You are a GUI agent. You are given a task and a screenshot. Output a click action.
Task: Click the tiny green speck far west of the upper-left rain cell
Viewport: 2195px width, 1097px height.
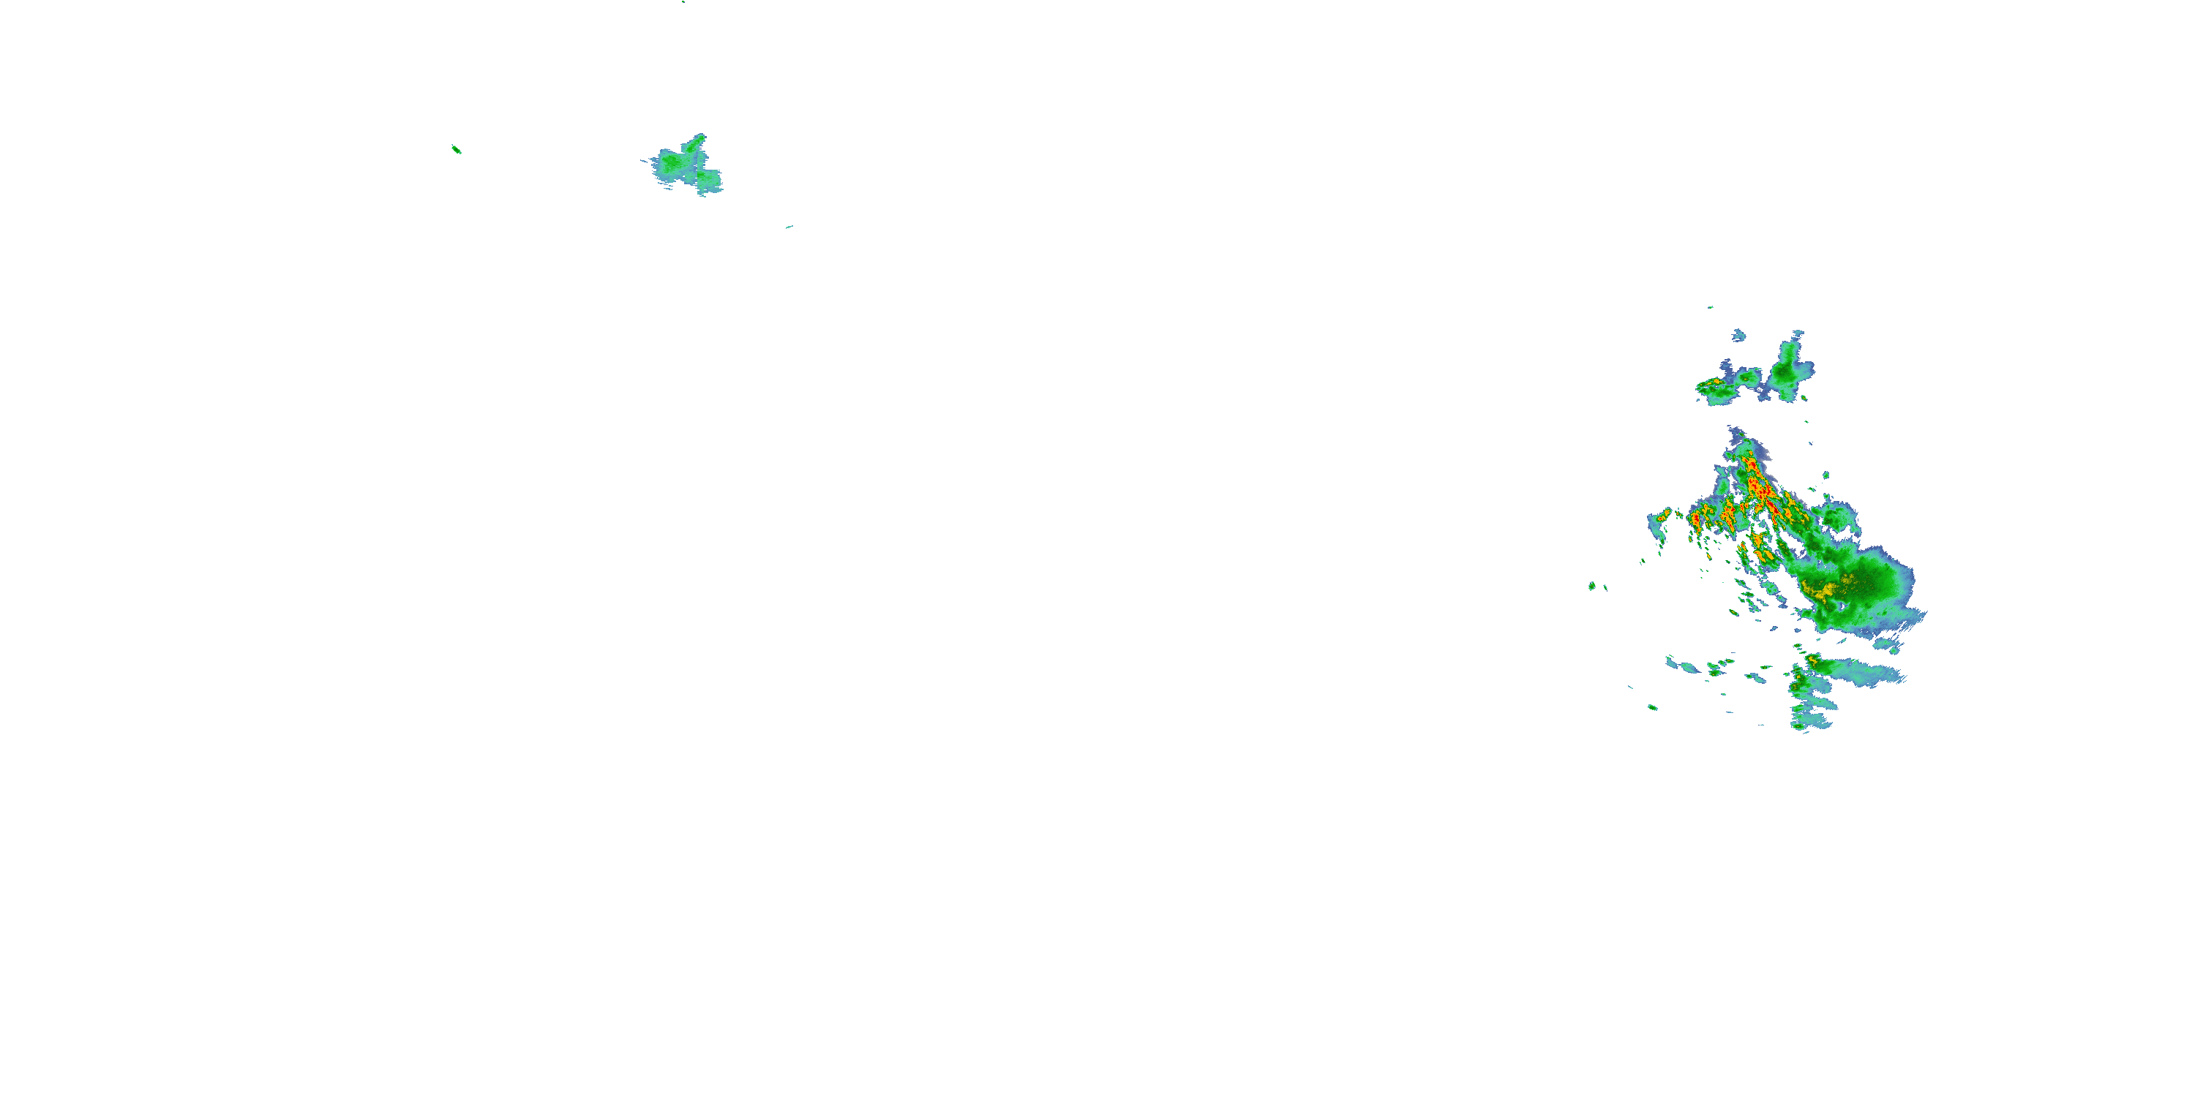[456, 149]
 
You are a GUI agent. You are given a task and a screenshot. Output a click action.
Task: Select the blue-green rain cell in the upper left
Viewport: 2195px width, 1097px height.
[682, 165]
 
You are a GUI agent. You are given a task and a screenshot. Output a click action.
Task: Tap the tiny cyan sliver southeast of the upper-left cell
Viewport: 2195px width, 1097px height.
[789, 227]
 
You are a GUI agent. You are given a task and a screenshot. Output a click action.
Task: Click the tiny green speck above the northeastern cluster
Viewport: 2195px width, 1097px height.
[1710, 307]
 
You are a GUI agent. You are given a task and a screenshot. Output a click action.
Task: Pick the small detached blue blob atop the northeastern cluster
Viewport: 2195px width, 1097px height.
[1738, 335]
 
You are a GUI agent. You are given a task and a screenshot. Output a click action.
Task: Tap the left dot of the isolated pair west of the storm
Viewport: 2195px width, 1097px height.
[1591, 585]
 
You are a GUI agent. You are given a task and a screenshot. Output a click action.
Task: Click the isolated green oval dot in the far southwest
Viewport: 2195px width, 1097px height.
[1652, 707]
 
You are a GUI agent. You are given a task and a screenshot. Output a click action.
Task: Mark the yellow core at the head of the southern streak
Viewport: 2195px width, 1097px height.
[1813, 661]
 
